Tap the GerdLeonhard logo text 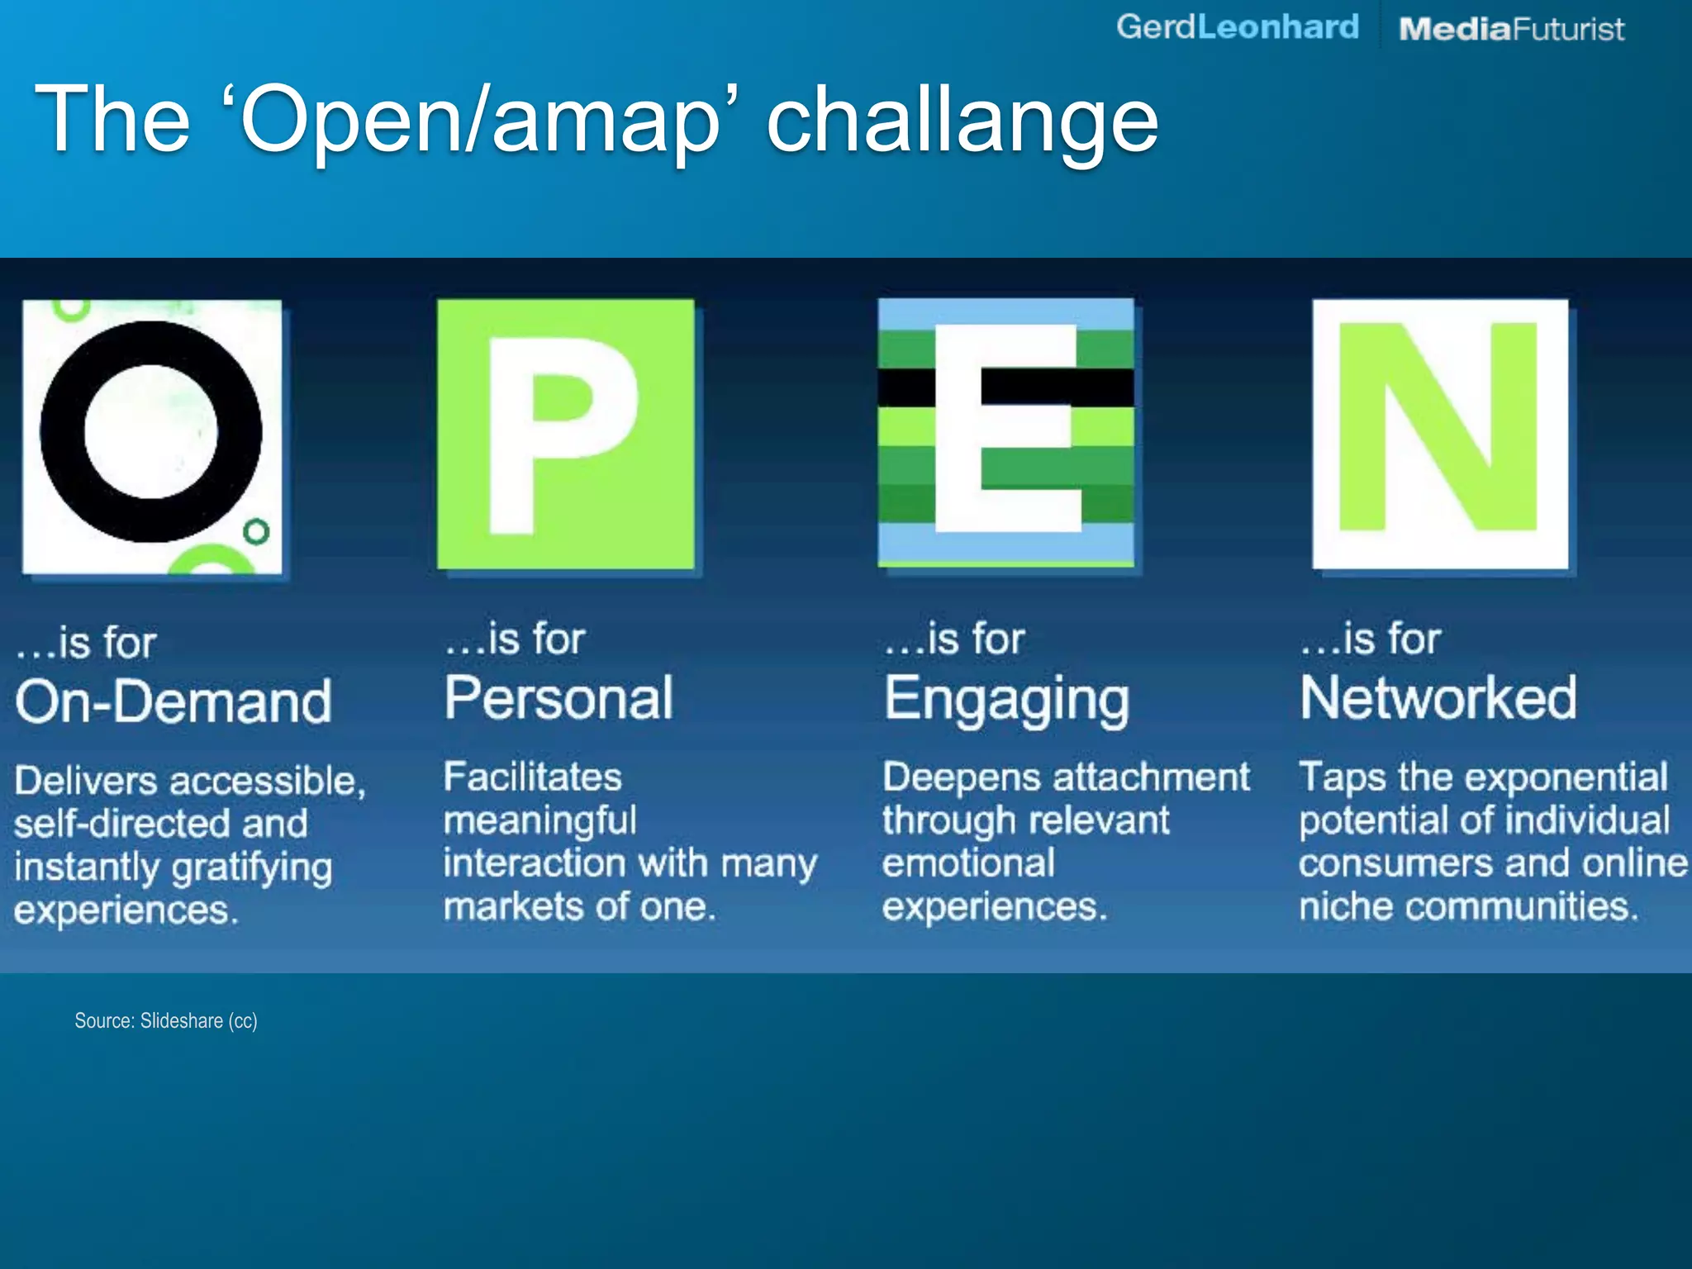1237,27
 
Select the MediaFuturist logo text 1511,29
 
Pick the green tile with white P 566,434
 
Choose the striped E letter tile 1005,434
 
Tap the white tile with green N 1440,434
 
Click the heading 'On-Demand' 173,702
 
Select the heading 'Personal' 558,699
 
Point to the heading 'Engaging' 1006,701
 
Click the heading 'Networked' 1438,699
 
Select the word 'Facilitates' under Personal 532,777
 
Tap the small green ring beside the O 256,531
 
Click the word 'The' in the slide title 113,120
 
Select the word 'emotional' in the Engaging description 968,863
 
